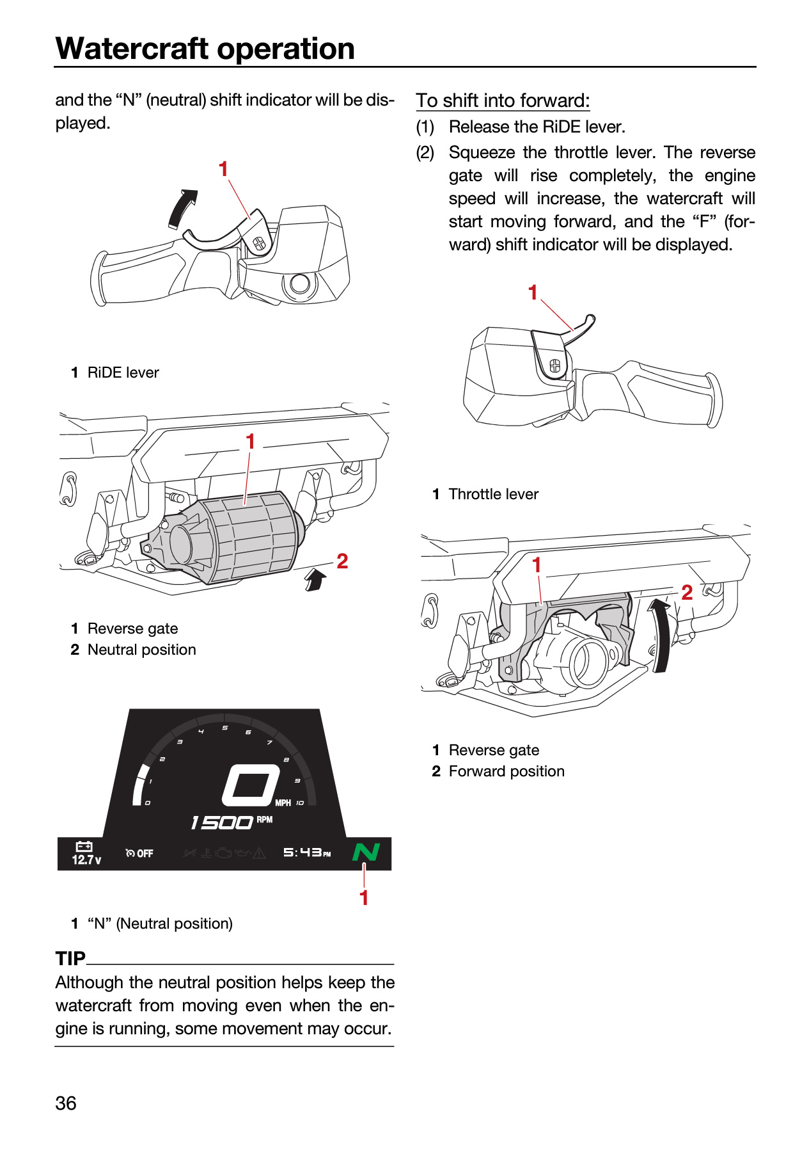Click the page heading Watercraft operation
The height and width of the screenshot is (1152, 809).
click(205, 49)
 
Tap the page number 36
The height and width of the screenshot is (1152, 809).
click(66, 1103)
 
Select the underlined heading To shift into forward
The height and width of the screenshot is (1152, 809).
click(503, 100)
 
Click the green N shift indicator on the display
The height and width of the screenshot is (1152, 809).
click(366, 852)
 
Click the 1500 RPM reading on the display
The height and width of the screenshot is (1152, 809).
click(232, 822)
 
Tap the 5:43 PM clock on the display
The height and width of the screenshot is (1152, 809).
click(307, 852)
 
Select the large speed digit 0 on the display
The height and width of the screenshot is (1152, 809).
click(251, 785)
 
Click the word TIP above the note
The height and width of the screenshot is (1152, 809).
click(70, 958)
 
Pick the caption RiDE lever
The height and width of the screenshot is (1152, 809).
click(123, 372)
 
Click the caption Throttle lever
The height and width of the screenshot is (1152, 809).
click(494, 494)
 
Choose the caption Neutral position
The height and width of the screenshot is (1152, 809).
click(142, 650)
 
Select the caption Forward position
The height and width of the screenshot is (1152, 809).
click(507, 771)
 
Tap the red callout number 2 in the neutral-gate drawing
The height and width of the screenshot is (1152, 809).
click(342, 561)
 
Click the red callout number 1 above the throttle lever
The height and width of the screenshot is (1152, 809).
click(533, 292)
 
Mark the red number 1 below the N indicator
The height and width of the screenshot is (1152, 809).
click(364, 898)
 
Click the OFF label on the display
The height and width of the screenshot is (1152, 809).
click(145, 853)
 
